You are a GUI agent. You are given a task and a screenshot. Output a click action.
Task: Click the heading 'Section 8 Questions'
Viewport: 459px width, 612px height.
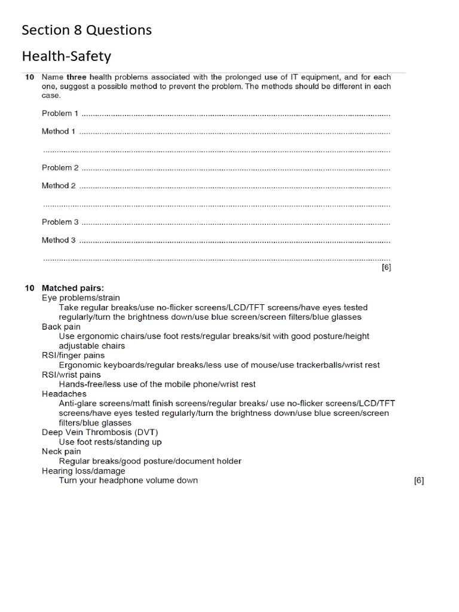point(87,30)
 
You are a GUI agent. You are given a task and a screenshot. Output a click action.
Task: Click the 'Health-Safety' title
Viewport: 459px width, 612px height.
point(66,57)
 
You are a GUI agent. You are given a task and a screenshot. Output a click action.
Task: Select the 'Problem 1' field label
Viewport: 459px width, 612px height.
point(60,114)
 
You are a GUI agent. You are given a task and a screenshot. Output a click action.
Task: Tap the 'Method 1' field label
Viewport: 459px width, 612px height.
point(59,131)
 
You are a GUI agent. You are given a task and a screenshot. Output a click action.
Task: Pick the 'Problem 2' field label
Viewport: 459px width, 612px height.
point(60,168)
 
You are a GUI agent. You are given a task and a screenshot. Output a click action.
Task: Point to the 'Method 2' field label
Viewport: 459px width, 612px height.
point(59,186)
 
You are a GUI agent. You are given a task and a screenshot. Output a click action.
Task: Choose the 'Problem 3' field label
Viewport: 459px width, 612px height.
point(60,222)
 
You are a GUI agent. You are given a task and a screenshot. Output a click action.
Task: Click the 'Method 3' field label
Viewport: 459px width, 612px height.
point(59,240)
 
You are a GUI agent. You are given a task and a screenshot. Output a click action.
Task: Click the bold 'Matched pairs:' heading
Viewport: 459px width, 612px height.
point(72,288)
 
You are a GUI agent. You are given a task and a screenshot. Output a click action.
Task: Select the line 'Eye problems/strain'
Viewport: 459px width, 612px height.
point(81,298)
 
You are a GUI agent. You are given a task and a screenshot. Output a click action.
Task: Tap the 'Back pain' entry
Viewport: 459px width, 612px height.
point(61,327)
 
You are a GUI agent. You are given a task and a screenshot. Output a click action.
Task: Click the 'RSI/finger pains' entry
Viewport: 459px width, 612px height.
point(73,356)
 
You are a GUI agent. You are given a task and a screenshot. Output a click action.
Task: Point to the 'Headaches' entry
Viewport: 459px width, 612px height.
point(64,394)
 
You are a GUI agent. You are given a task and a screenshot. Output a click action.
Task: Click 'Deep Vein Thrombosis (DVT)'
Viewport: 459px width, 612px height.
point(100,432)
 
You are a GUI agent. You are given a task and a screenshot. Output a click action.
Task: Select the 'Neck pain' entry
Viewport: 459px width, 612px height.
point(61,452)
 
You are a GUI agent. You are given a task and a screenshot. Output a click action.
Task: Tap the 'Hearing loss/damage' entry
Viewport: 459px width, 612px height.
point(84,471)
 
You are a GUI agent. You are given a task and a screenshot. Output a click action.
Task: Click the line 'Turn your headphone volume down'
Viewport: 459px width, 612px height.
point(128,481)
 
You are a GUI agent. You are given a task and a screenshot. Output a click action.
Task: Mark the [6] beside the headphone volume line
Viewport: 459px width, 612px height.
point(418,481)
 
